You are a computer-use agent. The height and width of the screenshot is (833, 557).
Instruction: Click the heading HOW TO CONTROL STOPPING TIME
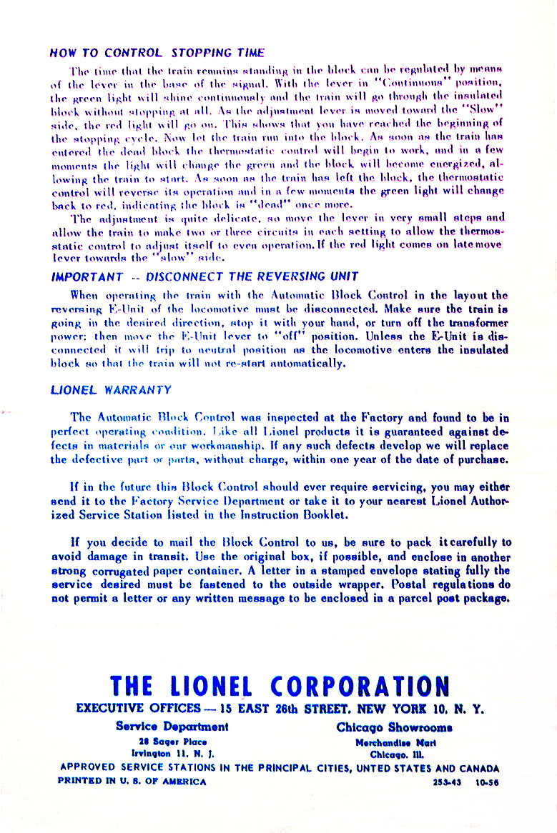[157, 53]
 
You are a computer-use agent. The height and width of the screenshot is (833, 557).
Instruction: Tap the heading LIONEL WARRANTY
[111, 390]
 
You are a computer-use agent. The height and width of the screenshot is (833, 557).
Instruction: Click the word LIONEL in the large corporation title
[210, 687]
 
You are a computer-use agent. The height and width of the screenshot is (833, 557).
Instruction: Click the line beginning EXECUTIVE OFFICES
[280, 710]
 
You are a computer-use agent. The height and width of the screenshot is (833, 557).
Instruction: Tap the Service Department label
[172, 728]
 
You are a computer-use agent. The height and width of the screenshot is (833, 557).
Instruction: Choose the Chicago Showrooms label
[394, 728]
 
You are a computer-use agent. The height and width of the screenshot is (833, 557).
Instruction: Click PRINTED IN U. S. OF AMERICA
[132, 781]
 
